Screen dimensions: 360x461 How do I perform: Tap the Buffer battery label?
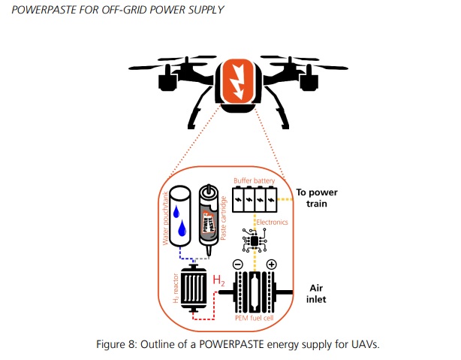(x=255, y=180)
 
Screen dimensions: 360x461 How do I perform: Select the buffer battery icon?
(x=256, y=201)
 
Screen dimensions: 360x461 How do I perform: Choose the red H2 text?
(x=220, y=281)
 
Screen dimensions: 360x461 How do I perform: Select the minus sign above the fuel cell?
(x=237, y=264)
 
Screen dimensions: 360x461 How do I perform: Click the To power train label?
(x=318, y=197)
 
